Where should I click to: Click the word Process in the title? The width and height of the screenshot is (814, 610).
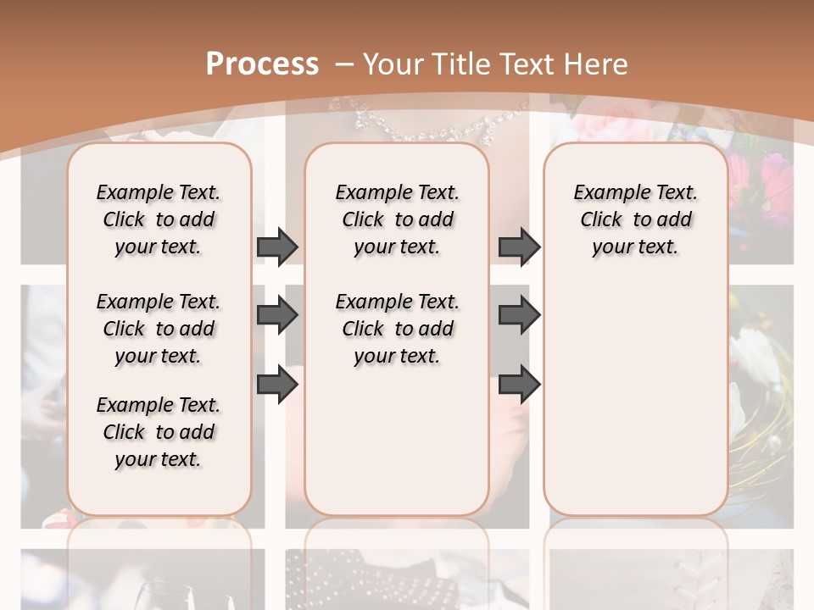(262, 64)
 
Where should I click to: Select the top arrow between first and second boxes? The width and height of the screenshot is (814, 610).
(277, 247)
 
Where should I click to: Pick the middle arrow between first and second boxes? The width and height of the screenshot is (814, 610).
(277, 316)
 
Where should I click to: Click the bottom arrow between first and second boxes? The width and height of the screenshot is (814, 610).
(277, 385)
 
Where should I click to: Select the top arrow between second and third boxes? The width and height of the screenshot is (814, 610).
(519, 247)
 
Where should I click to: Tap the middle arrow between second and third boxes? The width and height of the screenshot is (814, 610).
(519, 316)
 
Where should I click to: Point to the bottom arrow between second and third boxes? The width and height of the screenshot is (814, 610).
(519, 385)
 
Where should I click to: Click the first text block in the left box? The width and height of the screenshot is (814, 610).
(159, 219)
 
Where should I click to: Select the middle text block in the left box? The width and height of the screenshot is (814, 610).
(159, 329)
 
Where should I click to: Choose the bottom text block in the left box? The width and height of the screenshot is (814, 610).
(159, 432)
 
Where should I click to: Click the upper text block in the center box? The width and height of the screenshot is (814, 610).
(397, 219)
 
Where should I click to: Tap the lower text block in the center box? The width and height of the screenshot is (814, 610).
(397, 329)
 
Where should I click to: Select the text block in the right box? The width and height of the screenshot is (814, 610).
(635, 219)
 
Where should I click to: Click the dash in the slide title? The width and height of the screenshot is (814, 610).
(343, 64)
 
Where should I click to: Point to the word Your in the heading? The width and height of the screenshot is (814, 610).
(393, 64)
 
